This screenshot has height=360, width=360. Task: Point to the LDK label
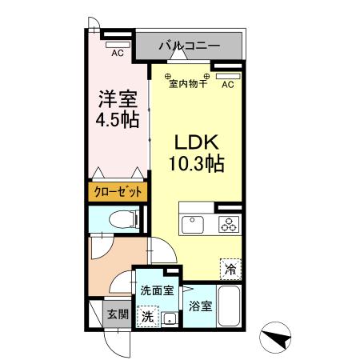195,142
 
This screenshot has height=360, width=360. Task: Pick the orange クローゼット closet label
117,192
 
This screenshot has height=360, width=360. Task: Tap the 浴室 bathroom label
200,306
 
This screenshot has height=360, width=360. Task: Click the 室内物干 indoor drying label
187,83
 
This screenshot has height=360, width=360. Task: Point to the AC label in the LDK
226,84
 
